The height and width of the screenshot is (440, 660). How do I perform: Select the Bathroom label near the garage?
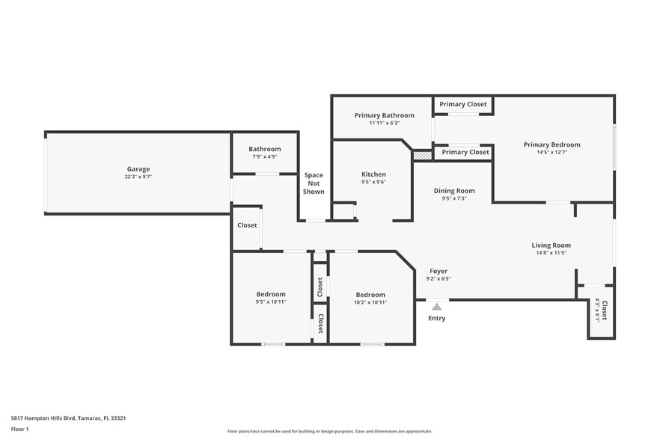[264, 149]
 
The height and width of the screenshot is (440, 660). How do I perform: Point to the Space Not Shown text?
[314, 183]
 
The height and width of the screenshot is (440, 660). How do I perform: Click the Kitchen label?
[373, 174]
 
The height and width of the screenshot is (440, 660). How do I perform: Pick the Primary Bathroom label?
[384, 115]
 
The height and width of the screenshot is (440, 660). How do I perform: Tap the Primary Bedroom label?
[551, 144]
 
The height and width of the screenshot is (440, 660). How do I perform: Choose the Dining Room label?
[454, 191]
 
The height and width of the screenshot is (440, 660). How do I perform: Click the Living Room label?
[551, 245]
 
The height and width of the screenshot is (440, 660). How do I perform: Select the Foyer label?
[438, 271]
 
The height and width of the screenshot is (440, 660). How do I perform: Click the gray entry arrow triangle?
[436, 306]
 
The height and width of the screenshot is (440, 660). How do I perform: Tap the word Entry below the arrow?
[436, 318]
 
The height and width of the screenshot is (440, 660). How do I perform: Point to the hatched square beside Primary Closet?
[423, 155]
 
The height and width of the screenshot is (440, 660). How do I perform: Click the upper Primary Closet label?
[462, 104]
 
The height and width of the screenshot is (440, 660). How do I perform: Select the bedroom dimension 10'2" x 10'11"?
[370, 302]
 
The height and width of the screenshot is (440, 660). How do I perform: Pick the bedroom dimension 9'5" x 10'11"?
[271, 302]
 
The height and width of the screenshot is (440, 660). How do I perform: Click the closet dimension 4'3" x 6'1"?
[596, 311]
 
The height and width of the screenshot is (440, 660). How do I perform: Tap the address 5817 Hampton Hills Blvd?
[68, 418]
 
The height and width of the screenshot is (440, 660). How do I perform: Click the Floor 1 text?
[19, 430]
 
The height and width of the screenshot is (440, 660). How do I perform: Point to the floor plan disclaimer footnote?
[329, 431]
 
